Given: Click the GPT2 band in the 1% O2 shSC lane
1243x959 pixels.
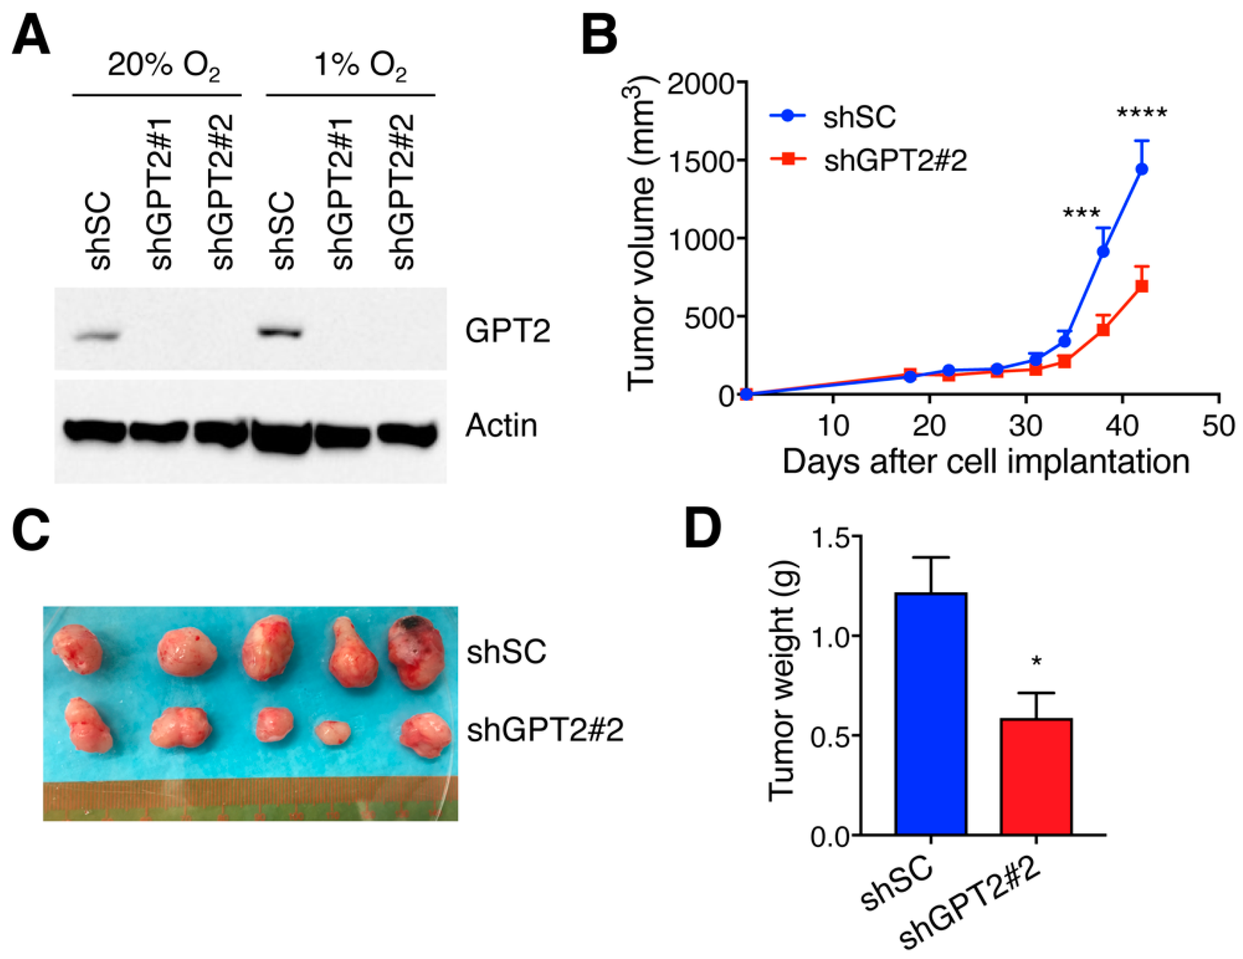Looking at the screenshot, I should (x=280, y=332).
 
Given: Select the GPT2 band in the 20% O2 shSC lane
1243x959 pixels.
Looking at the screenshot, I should (x=98, y=336).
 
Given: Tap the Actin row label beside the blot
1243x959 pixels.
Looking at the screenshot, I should (x=501, y=426).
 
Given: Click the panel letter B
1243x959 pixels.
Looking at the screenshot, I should (x=599, y=35).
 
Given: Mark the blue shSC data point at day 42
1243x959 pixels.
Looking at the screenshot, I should (x=1141, y=169).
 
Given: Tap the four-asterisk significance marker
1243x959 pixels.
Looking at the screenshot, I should (x=1142, y=113).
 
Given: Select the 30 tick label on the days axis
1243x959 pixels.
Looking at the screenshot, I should (x=1026, y=426).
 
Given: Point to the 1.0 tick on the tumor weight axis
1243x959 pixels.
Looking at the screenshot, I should (x=830, y=636).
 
